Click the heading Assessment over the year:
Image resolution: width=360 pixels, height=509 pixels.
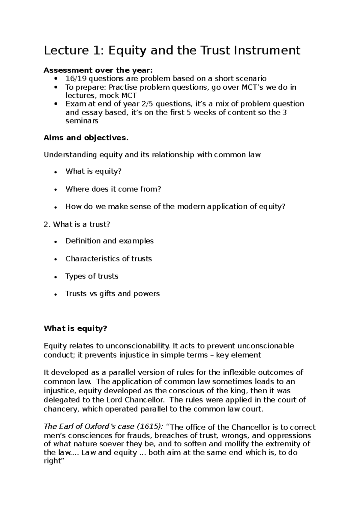click(x=98, y=70)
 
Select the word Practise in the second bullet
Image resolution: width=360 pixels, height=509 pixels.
click(x=122, y=87)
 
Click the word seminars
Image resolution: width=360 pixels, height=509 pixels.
click(x=82, y=121)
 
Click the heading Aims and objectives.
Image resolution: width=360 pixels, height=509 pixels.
click(x=86, y=138)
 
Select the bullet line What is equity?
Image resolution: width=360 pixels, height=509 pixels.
click(x=93, y=171)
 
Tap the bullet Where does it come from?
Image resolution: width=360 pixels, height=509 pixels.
click(x=113, y=189)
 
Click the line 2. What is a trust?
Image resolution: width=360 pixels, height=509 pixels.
click(x=77, y=224)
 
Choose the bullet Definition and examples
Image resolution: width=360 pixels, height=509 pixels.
click(x=109, y=241)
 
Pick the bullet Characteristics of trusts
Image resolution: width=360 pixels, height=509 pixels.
click(x=108, y=259)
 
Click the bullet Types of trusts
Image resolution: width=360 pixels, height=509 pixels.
click(x=91, y=276)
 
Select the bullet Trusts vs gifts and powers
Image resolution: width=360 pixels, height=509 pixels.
click(x=112, y=293)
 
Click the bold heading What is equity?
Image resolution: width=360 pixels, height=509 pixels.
click(x=75, y=329)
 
